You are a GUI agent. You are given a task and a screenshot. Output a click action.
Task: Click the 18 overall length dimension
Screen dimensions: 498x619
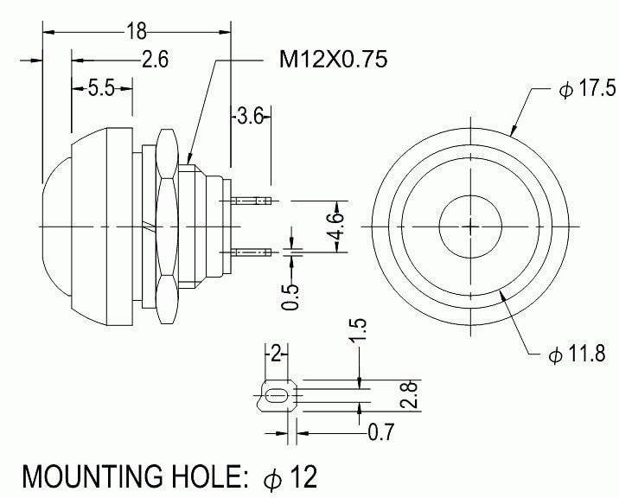[x=136, y=32]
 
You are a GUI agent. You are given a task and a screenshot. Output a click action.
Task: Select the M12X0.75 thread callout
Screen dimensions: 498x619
[x=333, y=60]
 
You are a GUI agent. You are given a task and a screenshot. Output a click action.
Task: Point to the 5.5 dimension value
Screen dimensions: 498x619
[x=100, y=88]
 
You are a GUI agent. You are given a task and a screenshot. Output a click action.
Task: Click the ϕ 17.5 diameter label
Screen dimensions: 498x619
[x=587, y=90]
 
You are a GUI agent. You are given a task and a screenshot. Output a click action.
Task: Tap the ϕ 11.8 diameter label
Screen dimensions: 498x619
[x=576, y=354]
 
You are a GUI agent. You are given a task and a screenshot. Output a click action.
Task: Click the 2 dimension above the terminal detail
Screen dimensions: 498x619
[x=276, y=353]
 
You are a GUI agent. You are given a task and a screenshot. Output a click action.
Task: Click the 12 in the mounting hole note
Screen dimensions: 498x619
[x=303, y=476]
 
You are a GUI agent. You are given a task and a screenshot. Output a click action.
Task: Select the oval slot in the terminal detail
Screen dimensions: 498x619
[x=276, y=396]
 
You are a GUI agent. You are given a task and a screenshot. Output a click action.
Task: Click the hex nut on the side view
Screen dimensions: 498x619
[x=168, y=227]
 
